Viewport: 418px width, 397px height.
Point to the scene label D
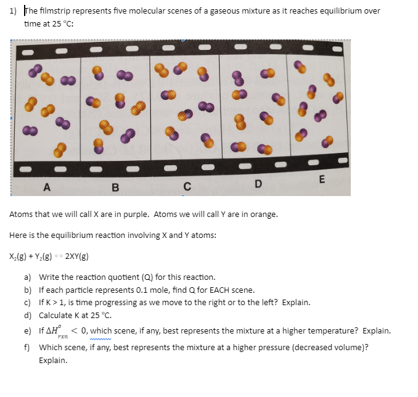coord(258,184)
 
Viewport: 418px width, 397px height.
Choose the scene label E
coord(321,180)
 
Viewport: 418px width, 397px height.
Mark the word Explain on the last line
coord(52,359)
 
